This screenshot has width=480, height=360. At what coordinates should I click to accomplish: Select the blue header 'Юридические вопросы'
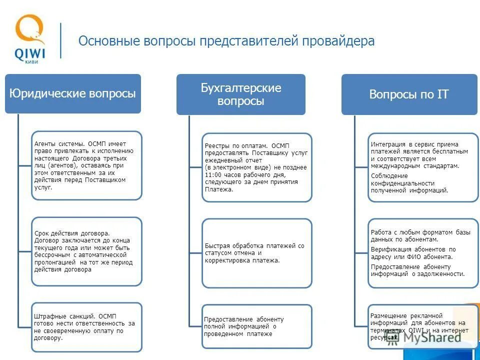coord(73,94)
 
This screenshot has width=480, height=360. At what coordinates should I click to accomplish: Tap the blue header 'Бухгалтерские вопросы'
coord(240,94)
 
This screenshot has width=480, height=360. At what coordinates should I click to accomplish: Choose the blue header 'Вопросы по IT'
coord(409,94)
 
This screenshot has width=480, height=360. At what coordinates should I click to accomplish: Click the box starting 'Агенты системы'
coord(86,165)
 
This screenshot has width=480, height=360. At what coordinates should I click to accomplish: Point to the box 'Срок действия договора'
coord(86,251)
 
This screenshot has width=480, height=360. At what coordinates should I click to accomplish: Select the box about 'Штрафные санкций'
coord(86,327)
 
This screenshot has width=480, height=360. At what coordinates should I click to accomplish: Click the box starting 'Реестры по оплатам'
coord(256,167)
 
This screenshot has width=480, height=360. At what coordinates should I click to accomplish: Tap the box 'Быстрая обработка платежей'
coord(256,253)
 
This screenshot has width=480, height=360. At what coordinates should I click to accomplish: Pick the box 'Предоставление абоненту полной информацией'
coord(256,326)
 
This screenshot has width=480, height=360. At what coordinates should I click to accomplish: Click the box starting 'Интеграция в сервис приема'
coord(423,167)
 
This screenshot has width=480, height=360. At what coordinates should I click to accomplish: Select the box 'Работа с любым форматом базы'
coord(423,253)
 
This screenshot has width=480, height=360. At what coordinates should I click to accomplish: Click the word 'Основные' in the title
coord(100,41)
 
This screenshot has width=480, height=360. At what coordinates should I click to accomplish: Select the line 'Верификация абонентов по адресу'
coord(413,252)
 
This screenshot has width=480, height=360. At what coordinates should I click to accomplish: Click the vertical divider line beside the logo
coord(61,40)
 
